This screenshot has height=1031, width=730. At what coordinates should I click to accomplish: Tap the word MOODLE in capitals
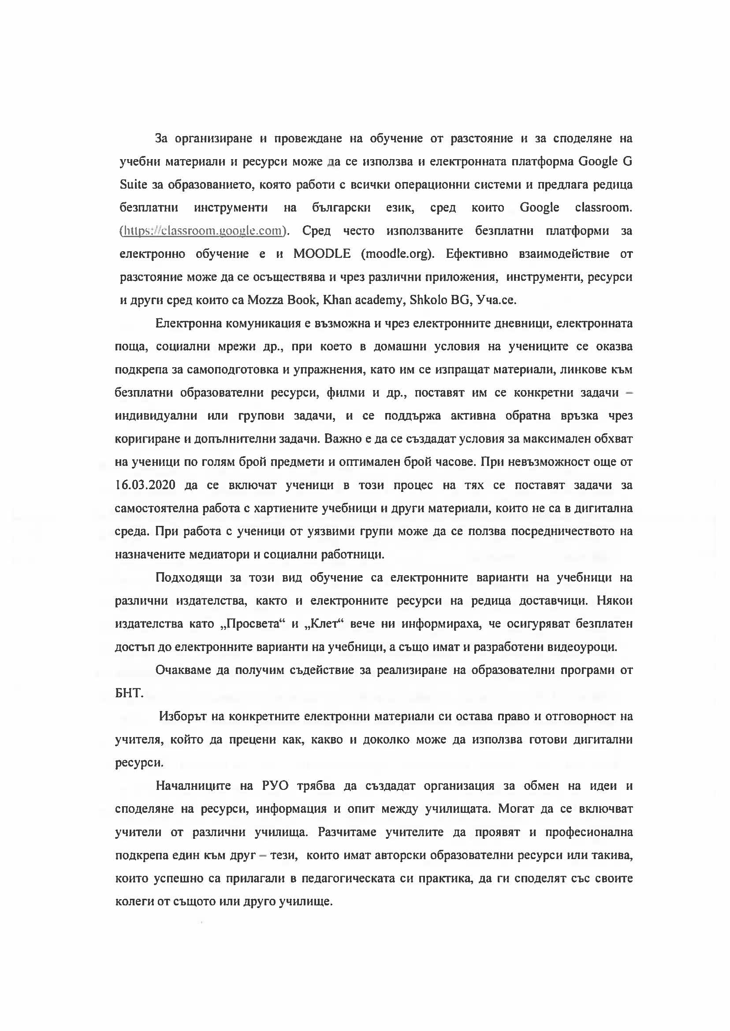point(322,254)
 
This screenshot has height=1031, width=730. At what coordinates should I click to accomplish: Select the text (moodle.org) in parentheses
point(397,254)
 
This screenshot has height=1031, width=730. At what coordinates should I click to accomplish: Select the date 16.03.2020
point(145,485)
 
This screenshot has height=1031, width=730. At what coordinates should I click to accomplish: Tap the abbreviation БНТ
point(129,693)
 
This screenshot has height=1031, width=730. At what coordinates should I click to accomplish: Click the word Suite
point(134,185)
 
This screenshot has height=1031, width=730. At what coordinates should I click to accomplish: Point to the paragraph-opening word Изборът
point(182,716)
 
